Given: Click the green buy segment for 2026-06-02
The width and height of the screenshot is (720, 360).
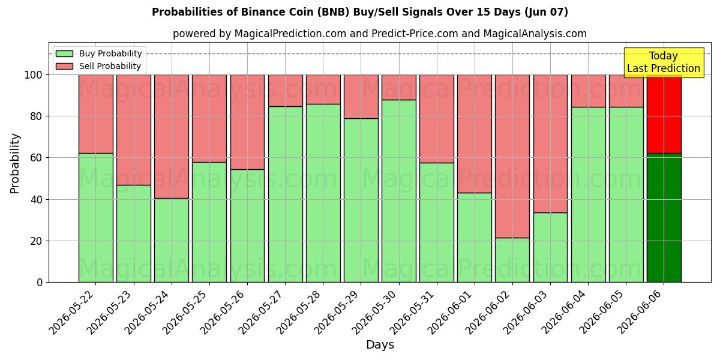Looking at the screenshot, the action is (x=512, y=260).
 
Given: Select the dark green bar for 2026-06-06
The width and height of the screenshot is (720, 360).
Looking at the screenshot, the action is (x=664, y=218).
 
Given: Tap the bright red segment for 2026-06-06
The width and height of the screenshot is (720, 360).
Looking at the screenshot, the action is (x=664, y=114).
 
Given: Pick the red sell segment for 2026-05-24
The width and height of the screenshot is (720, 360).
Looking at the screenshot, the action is (x=172, y=137).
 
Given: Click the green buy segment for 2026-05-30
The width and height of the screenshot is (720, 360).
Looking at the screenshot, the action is (x=399, y=191).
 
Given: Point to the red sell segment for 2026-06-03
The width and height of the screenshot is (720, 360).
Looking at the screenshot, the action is (x=550, y=143).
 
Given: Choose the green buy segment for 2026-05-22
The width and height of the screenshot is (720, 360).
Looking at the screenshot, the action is (x=96, y=218).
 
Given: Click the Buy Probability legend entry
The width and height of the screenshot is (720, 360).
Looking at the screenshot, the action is (x=98, y=53).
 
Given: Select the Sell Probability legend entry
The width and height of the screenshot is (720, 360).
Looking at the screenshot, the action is (x=98, y=66).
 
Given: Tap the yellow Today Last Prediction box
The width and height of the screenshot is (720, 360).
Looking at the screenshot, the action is (x=664, y=62).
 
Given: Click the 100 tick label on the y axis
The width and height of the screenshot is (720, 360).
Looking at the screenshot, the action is (x=34, y=75).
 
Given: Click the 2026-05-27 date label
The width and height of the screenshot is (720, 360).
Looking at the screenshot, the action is (x=260, y=313).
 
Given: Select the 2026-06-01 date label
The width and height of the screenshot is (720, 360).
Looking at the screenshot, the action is (x=449, y=313).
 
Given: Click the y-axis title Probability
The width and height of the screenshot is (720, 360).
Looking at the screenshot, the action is (x=15, y=163).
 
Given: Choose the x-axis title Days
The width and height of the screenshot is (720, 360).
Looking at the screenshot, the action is (x=380, y=345).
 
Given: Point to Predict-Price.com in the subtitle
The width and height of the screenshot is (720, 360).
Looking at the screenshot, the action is (x=415, y=34).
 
